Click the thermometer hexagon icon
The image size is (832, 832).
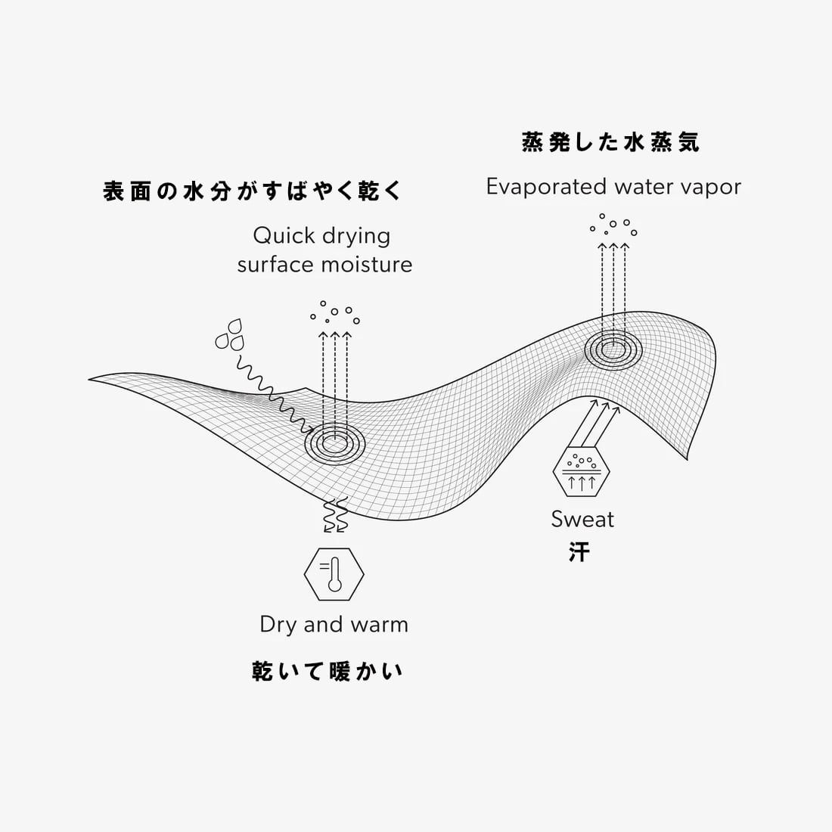point(334,574)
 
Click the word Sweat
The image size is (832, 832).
point(582,520)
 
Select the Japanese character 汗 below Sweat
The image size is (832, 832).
point(579,552)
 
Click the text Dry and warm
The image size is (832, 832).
point(334,625)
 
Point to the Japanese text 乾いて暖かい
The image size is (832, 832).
point(328,671)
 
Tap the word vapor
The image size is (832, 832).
point(712,188)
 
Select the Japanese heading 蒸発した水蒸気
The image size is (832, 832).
point(611,142)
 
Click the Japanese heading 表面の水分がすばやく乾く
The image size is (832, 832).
point(253,191)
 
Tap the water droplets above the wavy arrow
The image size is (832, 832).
point(230,335)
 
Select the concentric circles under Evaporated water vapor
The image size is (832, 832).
point(613,349)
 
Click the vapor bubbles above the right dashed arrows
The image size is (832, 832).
point(613,225)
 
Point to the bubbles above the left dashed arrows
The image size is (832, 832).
point(334,312)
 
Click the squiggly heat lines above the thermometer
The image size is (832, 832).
point(334,516)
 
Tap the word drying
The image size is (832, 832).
point(355,236)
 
